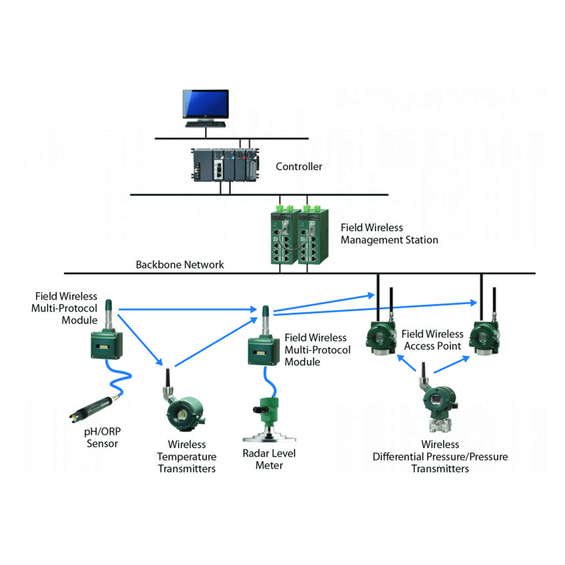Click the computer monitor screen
point(206,104)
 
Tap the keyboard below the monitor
point(206,125)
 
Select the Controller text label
point(299,166)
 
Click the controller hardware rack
point(225,165)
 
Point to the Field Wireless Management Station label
point(389,234)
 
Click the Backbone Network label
point(180,265)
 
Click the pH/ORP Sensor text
point(102,438)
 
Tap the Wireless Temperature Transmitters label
point(186,457)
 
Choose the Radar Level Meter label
point(269,459)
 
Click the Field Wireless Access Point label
point(432,340)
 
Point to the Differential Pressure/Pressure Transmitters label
point(440,457)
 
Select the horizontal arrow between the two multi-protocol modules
point(187,309)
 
